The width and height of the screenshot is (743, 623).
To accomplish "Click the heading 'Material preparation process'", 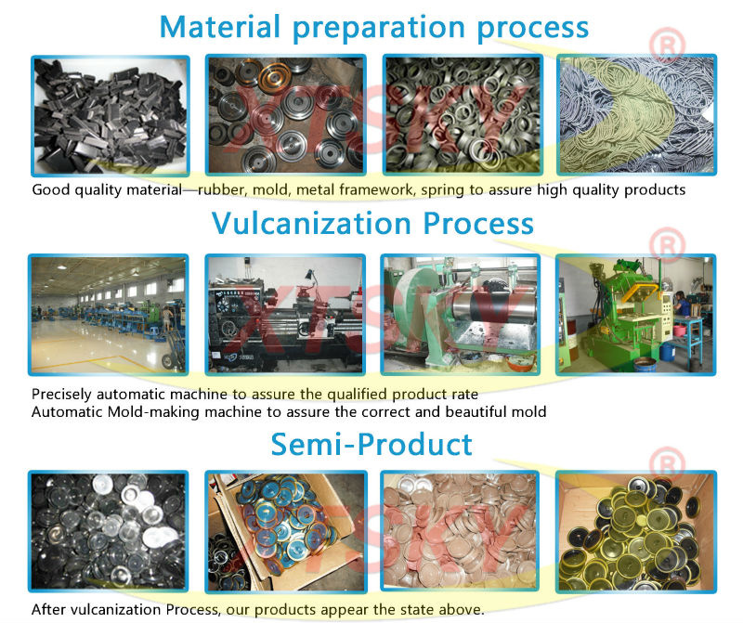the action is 374,28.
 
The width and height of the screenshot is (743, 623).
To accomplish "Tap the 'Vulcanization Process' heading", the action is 372,223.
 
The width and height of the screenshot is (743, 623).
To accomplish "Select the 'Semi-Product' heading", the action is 371,445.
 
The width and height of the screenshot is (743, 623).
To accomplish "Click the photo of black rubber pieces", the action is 111,116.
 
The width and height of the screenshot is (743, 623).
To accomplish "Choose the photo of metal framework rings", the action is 463,114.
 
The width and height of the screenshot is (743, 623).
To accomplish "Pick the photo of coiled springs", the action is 636,114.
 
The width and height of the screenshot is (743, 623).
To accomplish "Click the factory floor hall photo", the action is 109,315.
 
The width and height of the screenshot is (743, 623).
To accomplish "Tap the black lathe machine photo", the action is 285,315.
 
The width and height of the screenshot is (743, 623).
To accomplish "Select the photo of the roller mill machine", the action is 461,315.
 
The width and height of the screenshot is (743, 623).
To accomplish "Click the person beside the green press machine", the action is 682,304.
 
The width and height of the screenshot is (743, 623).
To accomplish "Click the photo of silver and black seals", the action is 109,532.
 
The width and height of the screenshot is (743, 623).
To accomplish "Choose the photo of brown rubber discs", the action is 460,532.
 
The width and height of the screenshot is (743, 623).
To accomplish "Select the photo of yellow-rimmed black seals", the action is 636,532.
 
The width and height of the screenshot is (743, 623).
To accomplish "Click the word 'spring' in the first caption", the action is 442,190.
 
